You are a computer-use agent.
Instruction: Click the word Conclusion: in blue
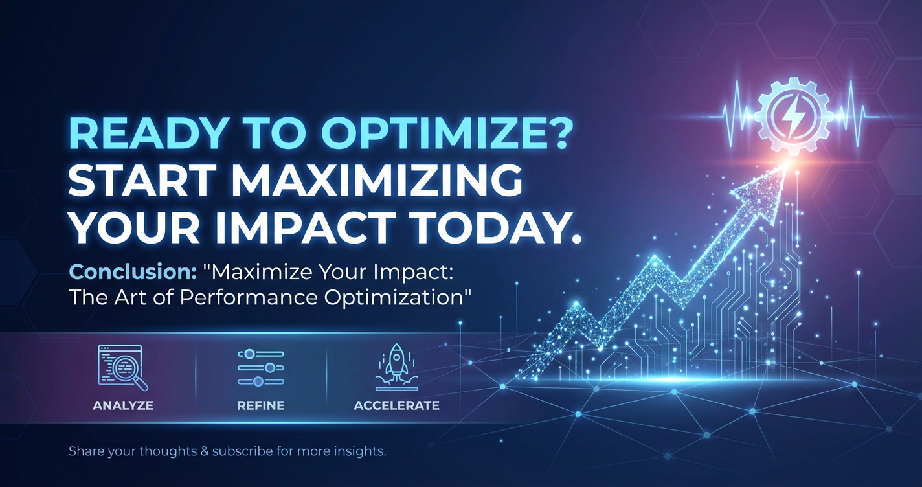pyautogui.click(x=133, y=272)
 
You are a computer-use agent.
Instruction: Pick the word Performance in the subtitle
pyautogui.click(x=249, y=298)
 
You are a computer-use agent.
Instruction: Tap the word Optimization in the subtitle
pyautogui.click(x=394, y=298)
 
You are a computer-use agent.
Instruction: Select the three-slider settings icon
pyautogui.click(x=261, y=368)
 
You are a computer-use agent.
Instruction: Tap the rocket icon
pyautogui.click(x=396, y=367)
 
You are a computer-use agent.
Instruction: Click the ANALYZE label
pyautogui.click(x=123, y=405)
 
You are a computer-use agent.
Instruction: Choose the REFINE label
pyautogui.click(x=261, y=405)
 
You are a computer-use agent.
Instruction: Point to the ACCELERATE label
pyautogui.click(x=396, y=405)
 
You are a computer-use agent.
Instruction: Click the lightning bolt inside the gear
pyautogui.click(x=789, y=116)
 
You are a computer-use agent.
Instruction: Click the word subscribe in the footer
pyautogui.click(x=242, y=451)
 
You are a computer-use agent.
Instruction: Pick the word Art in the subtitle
pyautogui.click(x=131, y=298)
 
